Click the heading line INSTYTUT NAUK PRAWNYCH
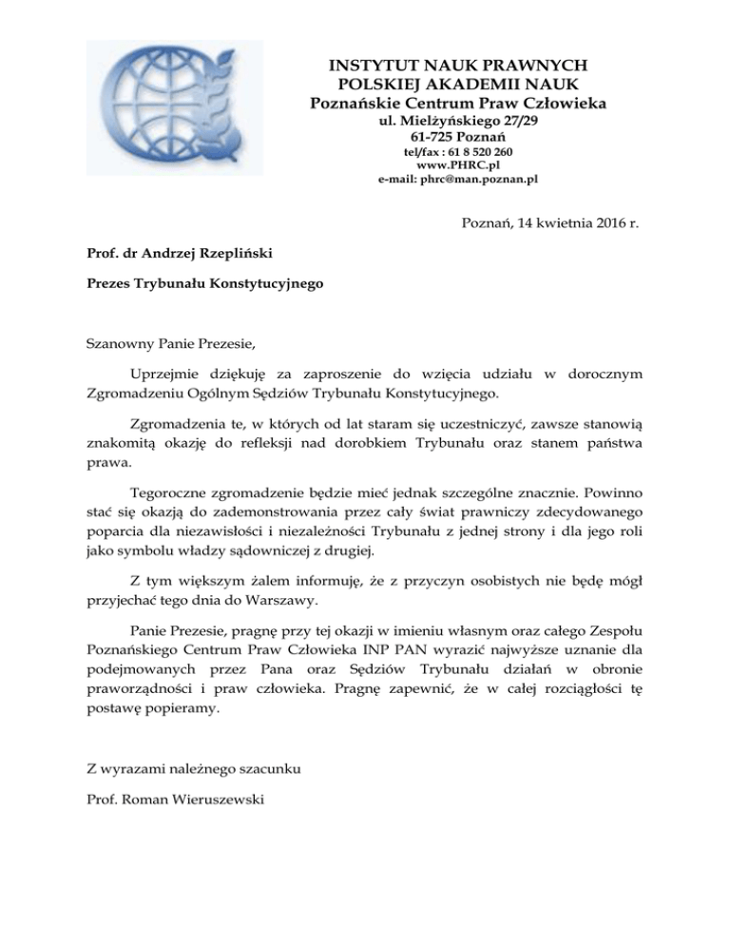coord(458,66)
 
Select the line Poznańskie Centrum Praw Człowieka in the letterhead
coord(458,103)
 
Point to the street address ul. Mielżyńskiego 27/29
coord(458,122)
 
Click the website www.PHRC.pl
coord(458,164)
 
